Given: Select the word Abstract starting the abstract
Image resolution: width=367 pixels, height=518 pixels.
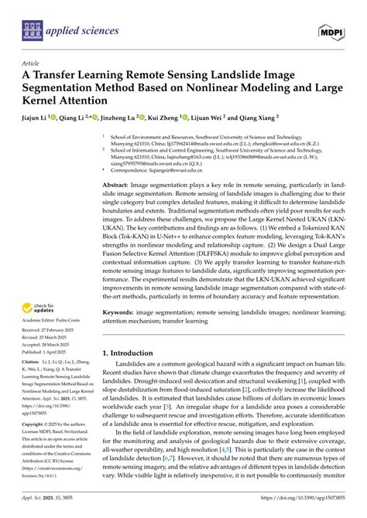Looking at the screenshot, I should click(x=116, y=186).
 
